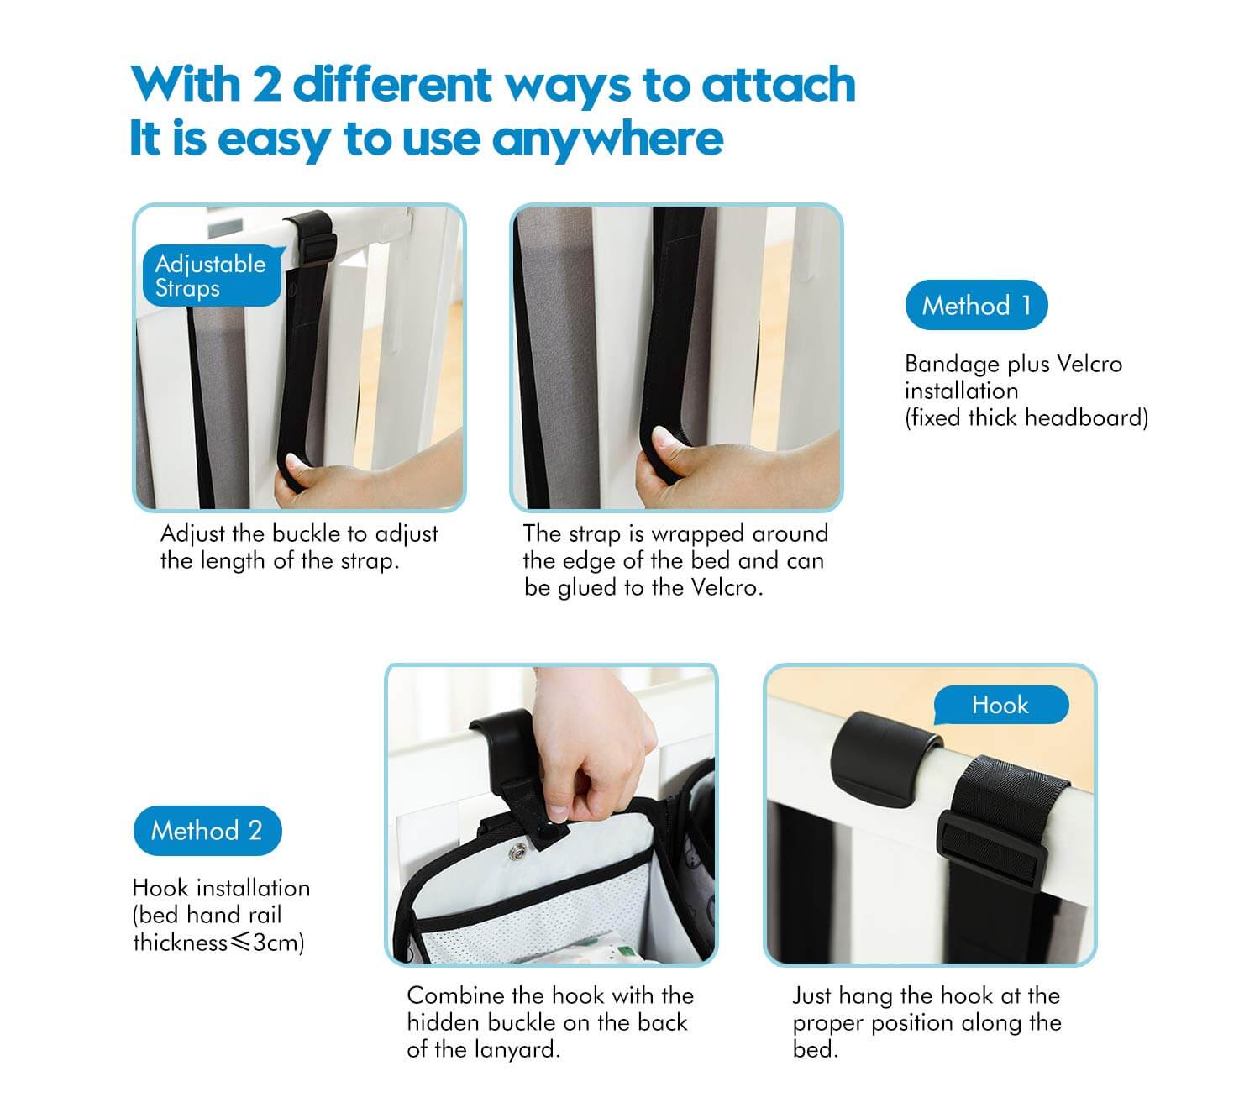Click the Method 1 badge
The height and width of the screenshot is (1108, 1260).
coord(976,305)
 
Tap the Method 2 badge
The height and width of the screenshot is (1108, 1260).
coord(207,830)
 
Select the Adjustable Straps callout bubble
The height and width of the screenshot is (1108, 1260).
coord(212,276)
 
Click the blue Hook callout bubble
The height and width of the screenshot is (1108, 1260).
coord(1000,705)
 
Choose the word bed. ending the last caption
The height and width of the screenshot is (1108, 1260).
coord(816,1049)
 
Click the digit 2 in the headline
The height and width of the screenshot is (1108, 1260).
coord(267,85)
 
